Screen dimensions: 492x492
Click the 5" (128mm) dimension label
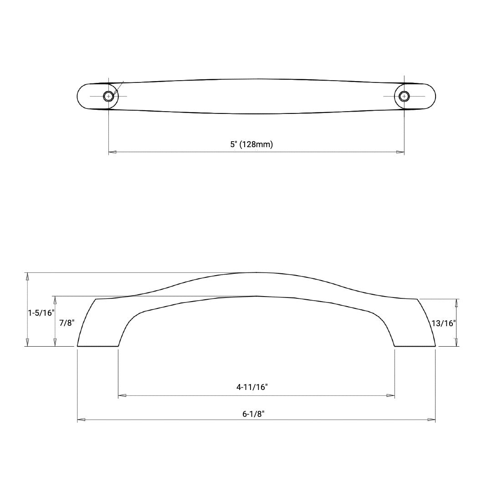[x=251, y=144]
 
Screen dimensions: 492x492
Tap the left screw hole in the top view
[x=108, y=96]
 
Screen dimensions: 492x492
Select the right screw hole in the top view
[x=404, y=96]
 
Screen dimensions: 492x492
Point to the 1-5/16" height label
[x=41, y=313]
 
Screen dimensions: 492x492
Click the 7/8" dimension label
[x=67, y=323]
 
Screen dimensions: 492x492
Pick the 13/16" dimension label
[x=443, y=323]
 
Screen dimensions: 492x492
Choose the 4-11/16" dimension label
[x=252, y=387]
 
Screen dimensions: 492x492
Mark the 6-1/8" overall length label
[x=254, y=414]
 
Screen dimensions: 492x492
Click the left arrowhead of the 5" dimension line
[x=113, y=152]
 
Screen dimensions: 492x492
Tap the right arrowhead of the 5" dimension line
[x=400, y=152]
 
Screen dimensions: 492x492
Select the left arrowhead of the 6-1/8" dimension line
[x=81, y=420]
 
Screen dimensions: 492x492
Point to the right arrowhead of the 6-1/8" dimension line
[x=431, y=420]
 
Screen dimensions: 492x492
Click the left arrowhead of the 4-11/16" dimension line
[x=122, y=395]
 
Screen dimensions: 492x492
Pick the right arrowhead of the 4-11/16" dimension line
[x=390, y=395]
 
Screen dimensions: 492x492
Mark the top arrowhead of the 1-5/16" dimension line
[x=28, y=276]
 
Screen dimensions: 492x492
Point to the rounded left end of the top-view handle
[x=82, y=96]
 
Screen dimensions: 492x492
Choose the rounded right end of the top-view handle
[x=430, y=96]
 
